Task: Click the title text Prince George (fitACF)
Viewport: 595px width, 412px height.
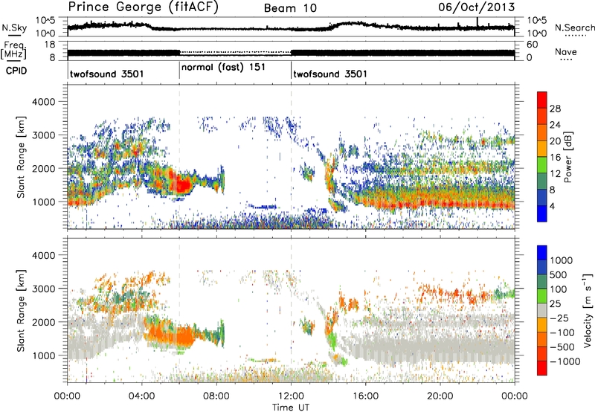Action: pos(131,7)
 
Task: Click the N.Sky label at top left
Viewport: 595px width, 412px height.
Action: pos(12,28)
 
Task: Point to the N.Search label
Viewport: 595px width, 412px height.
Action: pos(573,28)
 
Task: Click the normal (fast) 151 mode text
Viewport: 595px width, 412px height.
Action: pos(224,67)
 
